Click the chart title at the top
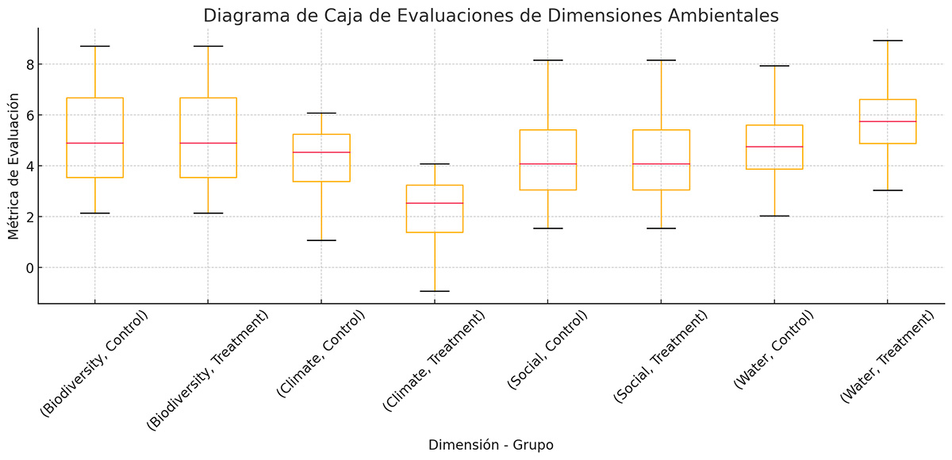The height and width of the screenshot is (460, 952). click(491, 16)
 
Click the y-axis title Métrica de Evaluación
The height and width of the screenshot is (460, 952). click(13, 166)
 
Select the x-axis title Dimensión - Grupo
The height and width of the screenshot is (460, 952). click(490, 445)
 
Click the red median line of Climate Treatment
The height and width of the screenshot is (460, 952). click(435, 203)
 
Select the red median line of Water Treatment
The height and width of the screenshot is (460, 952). click(888, 121)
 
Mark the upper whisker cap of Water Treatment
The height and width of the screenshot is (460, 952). click(888, 40)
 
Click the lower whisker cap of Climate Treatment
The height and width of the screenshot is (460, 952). click(435, 291)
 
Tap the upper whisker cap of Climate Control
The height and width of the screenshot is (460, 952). click(321, 113)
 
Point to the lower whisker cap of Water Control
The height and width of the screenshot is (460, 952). click(774, 216)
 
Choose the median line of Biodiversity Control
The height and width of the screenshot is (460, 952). click(94, 143)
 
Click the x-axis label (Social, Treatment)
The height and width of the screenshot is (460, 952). click(662, 357)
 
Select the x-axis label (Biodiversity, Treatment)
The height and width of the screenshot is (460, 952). click(209, 370)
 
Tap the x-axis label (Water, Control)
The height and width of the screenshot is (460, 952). click(775, 350)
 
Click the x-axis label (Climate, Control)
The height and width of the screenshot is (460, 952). click(321, 354)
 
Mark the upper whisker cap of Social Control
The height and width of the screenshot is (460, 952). click(548, 60)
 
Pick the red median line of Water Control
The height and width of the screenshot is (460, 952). click(774, 147)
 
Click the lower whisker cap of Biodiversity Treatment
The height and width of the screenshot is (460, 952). click(208, 213)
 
